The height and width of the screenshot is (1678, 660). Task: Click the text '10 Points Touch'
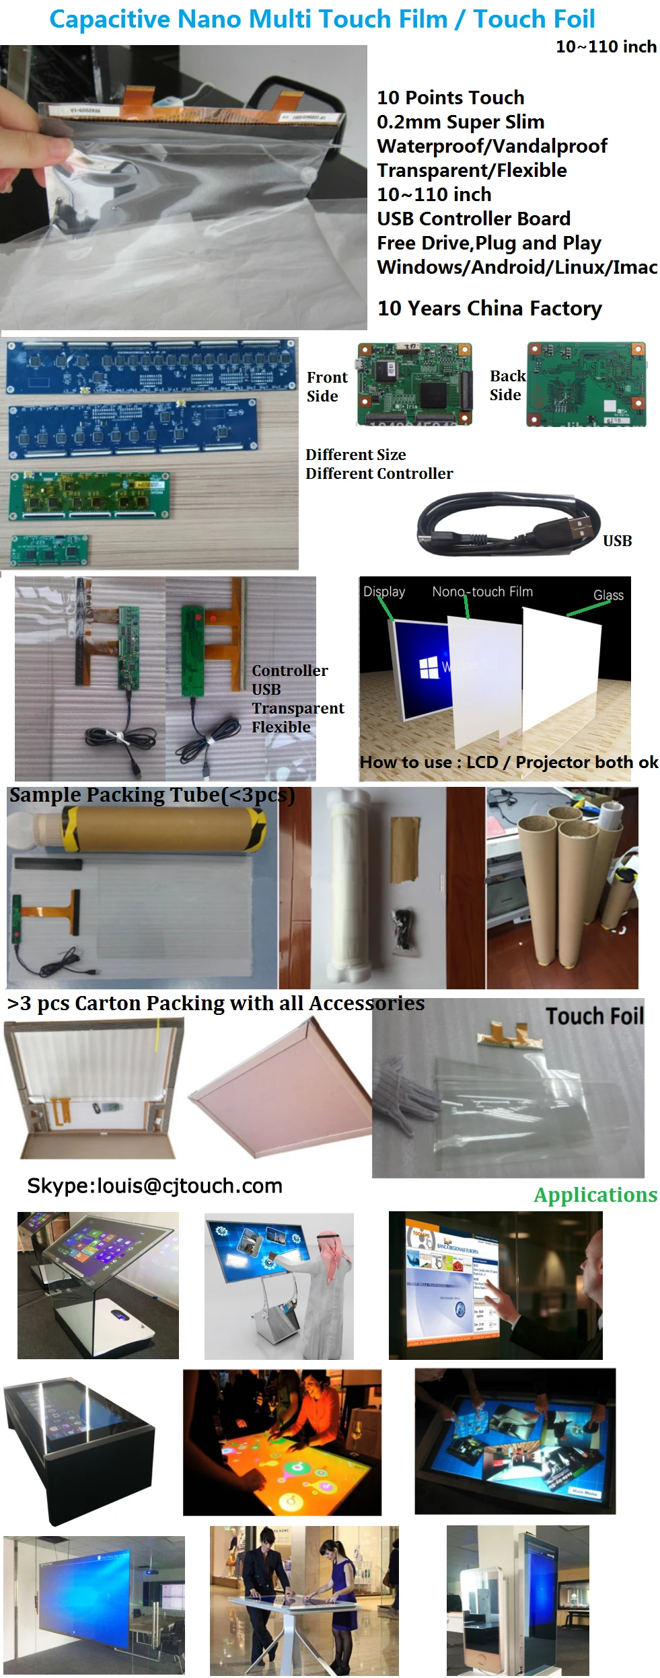[x=450, y=98]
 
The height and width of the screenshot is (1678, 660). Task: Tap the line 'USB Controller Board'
[x=473, y=219]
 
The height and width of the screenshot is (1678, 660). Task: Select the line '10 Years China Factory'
[x=489, y=308]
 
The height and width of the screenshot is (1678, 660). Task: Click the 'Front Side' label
[x=327, y=387]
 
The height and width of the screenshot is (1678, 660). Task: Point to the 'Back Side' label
[x=507, y=385]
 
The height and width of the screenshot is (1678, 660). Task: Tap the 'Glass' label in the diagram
[x=608, y=595]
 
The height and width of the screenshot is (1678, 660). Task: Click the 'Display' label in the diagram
[x=384, y=592]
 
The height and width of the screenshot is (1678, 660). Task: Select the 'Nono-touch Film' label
[x=482, y=592]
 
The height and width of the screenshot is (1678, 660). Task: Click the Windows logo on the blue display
[x=429, y=668]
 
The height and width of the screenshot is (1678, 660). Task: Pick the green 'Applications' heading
[x=595, y=1195]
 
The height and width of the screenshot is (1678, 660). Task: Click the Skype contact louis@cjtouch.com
[x=154, y=1186]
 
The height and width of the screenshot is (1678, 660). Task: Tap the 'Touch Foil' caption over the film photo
[x=594, y=1016]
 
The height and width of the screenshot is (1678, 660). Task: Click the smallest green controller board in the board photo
[x=49, y=549]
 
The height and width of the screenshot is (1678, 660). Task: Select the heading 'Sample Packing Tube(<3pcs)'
[x=151, y=795]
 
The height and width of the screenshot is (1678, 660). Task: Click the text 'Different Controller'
[x=379, y=473]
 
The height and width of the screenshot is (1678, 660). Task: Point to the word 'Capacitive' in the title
[x=109, y=20]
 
